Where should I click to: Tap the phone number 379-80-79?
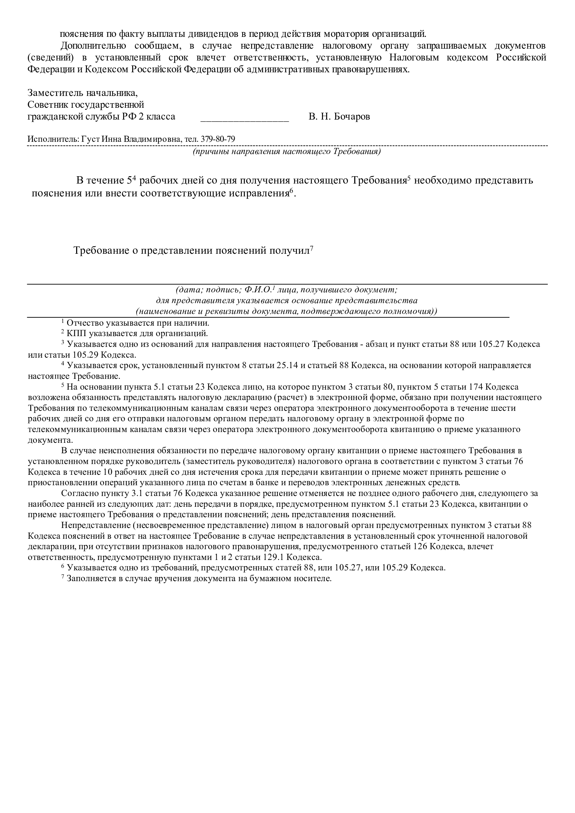click(218, 139)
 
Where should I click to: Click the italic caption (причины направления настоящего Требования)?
click(287, 152)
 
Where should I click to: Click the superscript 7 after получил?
click(312, 248)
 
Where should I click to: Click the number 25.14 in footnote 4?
click(287, 365)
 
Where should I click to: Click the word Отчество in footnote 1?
click(82, 323)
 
